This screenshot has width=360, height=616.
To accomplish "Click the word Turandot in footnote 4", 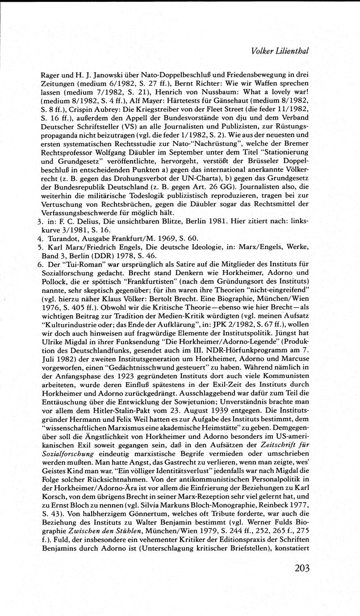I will tap(55, 238).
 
